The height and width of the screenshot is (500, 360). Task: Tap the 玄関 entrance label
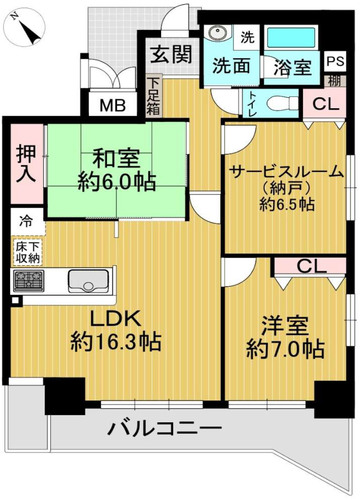tap(171, 54)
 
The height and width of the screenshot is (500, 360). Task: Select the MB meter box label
tap(113, 106)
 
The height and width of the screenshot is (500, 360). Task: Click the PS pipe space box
tap(335, 61)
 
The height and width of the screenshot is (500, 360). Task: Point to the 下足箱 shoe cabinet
tap(154, 96)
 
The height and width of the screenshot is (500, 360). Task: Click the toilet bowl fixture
tap(282, 103)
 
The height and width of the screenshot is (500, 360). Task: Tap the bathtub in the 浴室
tap(291, 38)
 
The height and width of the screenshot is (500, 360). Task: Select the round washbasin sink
tap(217, 33)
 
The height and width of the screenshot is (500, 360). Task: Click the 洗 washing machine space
tap(247, 37)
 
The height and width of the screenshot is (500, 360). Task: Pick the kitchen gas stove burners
tap(29, 280)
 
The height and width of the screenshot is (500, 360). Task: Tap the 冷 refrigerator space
tap(27, 221)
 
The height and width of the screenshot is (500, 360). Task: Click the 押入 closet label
tap(26, 164)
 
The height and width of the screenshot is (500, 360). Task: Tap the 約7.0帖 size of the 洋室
tap(285, 349)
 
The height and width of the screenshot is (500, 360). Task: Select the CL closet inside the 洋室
tap(311, 267)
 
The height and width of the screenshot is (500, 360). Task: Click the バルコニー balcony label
tap(164, 428)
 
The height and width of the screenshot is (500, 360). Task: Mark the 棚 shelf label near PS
tap(334, 81)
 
